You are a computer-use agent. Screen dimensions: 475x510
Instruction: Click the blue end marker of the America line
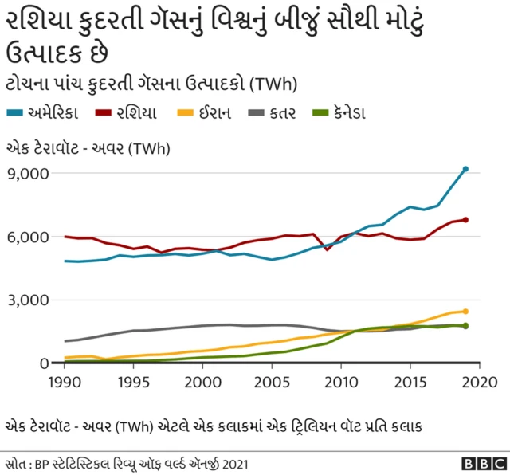(465, 169)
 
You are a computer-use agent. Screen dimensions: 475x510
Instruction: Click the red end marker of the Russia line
(465, 220)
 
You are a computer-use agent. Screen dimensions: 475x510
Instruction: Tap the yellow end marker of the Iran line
(465, 312)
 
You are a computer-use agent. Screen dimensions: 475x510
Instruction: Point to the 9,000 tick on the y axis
(28, 174)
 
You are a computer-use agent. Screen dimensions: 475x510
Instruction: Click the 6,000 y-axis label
(28, 237)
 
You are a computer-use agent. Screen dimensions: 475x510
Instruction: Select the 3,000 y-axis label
(28, 300)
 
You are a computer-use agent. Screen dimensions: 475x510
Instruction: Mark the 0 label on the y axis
(45, 363)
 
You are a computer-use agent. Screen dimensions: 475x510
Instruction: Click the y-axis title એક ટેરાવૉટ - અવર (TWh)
(88, 148)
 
